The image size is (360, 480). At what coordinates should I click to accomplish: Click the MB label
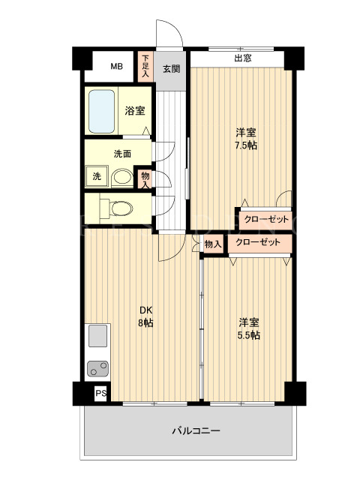(117, 67)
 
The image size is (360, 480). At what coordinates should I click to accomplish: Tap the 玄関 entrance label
(171, 69)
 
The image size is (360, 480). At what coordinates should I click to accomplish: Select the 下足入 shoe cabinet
(145, 67)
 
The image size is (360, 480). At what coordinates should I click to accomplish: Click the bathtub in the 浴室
(102, 111)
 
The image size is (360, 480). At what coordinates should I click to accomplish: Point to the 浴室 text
(135, 111)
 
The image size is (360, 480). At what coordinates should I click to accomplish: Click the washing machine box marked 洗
(97, 176)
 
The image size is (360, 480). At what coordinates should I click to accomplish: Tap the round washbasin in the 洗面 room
(122, 177)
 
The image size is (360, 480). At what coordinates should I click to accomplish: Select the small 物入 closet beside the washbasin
(145, 180)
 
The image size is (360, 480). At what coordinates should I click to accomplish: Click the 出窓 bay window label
(243, 58)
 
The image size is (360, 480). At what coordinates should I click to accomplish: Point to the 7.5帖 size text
(246, 145)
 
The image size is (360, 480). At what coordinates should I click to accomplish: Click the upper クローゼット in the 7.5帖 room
(265, 219)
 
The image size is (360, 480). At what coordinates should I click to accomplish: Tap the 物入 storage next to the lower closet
(213, 244)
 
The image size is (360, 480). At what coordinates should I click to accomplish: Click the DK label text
(146, 310)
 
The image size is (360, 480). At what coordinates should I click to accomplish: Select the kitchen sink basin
(98, 336)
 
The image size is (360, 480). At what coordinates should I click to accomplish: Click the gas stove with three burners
(97, 368)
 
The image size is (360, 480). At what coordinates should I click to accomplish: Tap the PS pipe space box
(101, 393)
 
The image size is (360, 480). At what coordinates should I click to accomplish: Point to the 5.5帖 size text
(249, 335)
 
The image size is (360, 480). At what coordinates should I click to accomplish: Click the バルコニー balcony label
(196, 431)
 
